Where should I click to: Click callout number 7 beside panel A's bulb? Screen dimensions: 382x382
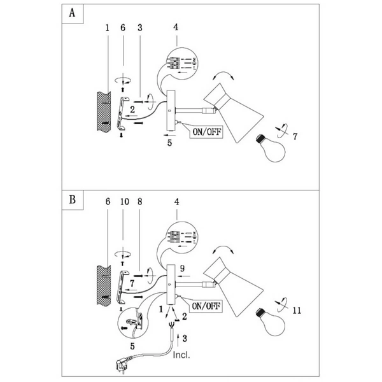point(294,136)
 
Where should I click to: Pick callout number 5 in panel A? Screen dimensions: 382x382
point(169,143)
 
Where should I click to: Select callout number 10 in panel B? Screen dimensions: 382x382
point(124,201)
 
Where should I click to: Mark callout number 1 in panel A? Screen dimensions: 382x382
point(108,28)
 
